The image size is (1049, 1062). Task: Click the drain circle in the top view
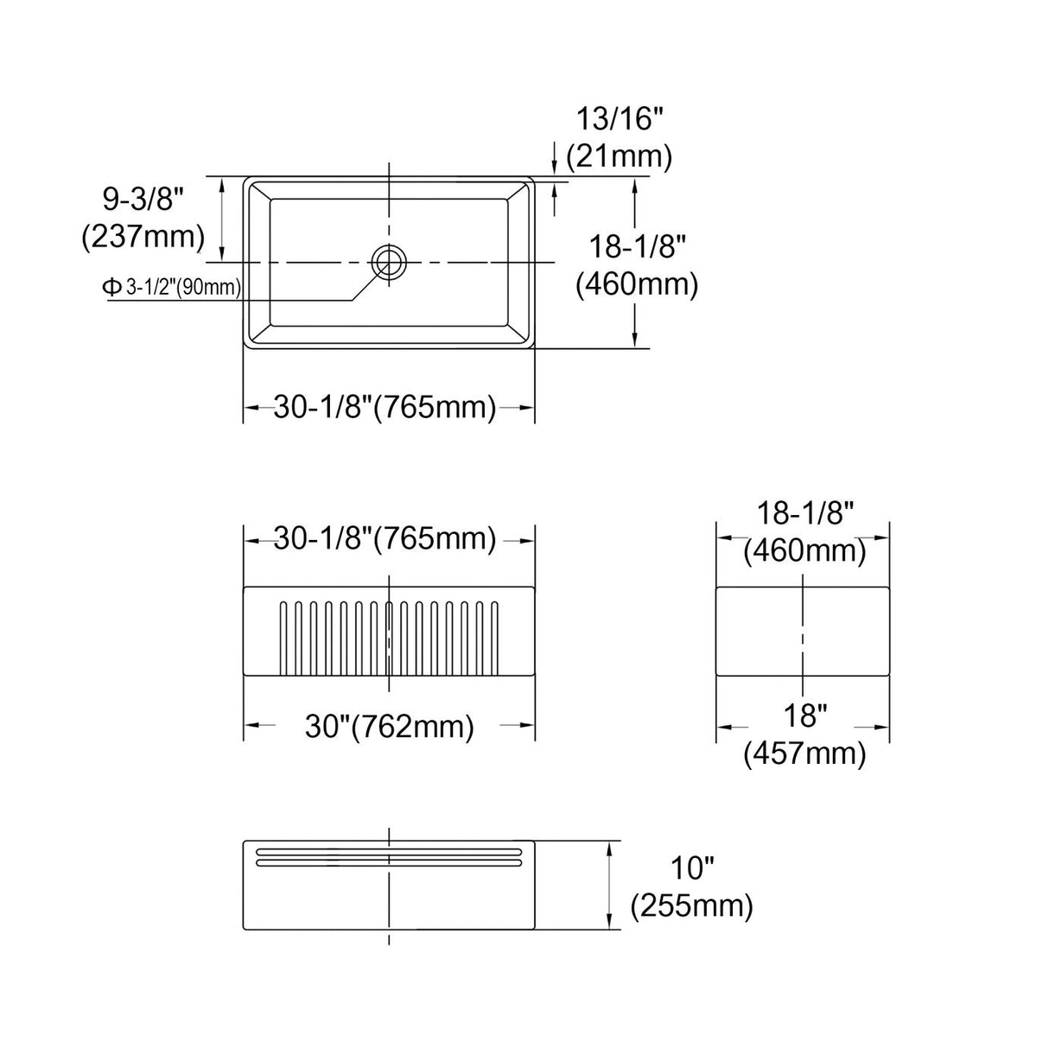point(389,261)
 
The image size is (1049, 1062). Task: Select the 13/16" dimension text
point(619,118)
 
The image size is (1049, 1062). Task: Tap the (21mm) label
point(619,156)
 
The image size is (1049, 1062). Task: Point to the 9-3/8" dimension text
point(143,200)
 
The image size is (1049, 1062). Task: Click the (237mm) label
point(143,236)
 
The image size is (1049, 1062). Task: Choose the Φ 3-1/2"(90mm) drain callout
point(172,288)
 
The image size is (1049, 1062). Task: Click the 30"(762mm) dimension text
point(389,727)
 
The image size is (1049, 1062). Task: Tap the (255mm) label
point(692,906)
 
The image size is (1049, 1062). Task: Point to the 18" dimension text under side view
point(804,716)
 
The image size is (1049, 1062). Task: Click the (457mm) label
point(804,754)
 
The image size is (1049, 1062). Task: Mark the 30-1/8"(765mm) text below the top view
point(385,407)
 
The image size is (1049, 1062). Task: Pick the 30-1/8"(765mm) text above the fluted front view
point(385,539)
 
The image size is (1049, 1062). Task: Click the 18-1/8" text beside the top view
point(638,247)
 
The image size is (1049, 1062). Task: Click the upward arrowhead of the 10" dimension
point(612,848)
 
